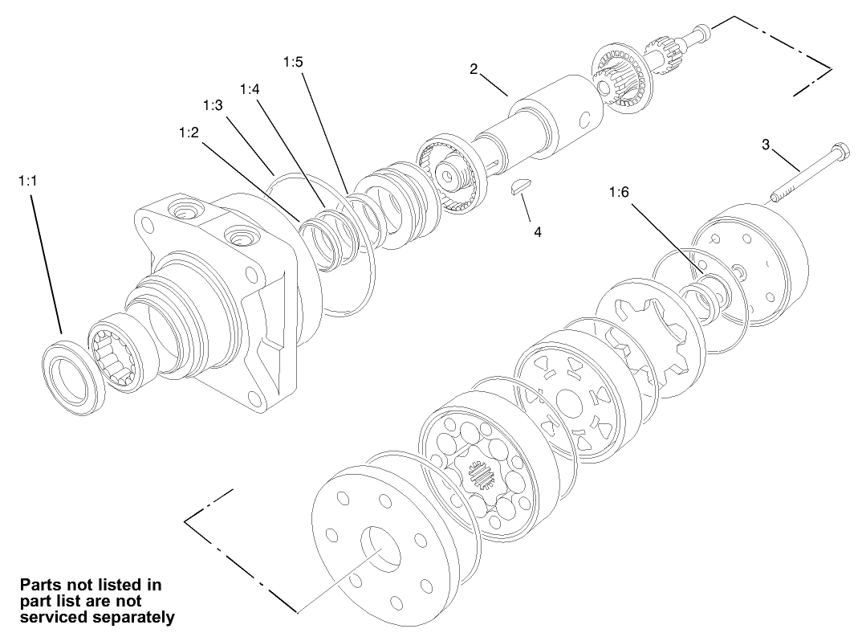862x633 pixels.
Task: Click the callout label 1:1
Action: (27, 182)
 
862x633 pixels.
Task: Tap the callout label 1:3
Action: (213, 106)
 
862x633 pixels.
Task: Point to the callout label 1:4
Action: (250, 88)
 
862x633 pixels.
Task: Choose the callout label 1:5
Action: (293, 61)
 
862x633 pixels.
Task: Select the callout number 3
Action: (766, 145)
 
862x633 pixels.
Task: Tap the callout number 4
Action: (538, 231)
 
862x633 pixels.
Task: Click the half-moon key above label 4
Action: (522, 188)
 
